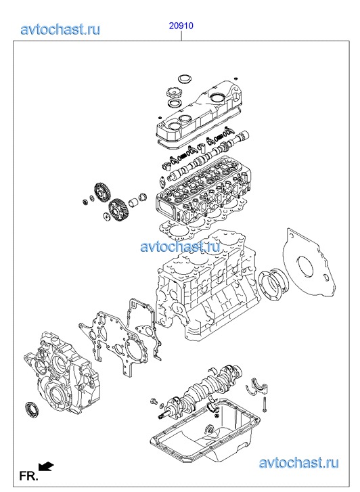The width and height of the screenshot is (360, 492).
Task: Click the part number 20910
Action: coord(181,26)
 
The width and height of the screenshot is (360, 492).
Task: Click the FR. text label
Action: coord(28,476)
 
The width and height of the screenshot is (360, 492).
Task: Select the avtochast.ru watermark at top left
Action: coord(61,30)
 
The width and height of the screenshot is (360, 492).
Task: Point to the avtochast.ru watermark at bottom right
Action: coord(299,463)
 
